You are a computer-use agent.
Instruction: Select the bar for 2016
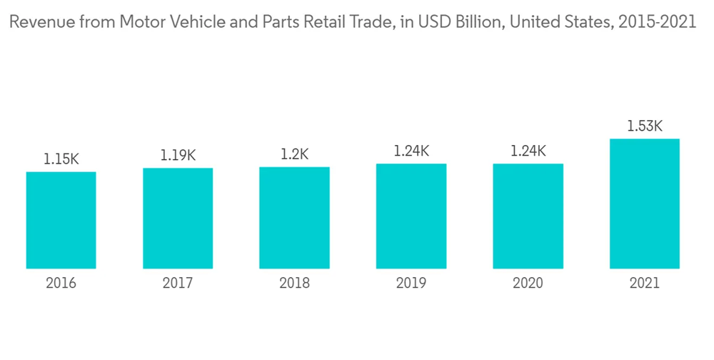61,220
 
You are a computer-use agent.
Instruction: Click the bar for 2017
178,219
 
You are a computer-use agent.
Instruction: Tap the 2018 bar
294,218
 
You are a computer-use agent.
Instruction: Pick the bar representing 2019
411,216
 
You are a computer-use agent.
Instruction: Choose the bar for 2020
528,216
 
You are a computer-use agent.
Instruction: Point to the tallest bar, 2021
644,204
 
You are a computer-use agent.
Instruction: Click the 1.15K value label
61,159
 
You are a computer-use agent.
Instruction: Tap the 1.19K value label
178,155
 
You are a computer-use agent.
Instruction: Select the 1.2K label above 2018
294,154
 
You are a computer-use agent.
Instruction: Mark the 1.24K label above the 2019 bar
411,151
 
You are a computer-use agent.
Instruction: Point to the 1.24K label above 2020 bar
528,151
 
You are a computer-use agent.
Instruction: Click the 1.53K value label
644,126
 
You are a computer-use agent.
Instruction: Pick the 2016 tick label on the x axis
61,284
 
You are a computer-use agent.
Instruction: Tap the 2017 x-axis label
178,284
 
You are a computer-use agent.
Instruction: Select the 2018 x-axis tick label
294,284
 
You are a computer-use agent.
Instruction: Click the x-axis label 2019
411,284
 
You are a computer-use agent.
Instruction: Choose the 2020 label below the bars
528,284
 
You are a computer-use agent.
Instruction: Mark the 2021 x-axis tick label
644,284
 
